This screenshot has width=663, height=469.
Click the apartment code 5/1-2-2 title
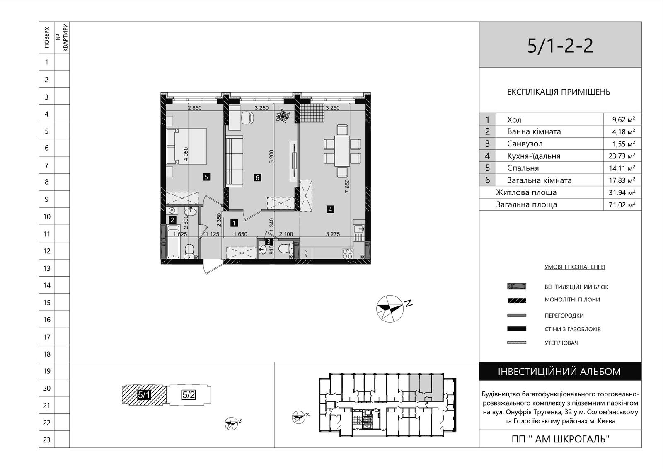pyautogui.click(x=560, y=46)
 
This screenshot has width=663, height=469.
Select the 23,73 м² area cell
pyautogui.click(x=622, y=156)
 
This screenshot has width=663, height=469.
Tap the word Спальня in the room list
pyautogui.click(x=523, y=168)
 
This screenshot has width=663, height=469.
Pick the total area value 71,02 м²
pyautogui.click(x=622, y=205)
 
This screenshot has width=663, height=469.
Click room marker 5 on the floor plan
pyautogui.click(x=206, y=177)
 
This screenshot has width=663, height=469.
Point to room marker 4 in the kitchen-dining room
pyautogui.click(x=330, y=209)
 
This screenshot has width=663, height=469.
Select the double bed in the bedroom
pyautogui.click(x=186, y=146)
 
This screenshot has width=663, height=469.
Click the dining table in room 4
pyautogui.click(x=342, y=151)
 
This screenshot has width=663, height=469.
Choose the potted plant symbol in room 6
pyautogui.click(x=283, y=116)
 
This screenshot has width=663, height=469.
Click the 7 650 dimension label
pyautogui.click(x=348, y=186)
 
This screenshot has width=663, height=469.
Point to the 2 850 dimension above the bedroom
pyautogui.click(x=194, y=108)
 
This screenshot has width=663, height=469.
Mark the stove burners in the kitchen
pyautogui.click(x=348, y=253)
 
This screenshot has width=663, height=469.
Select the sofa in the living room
pyautogui.click(x=235, y=161)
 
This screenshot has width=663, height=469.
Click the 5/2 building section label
pyautogui.click(x=189, y=395)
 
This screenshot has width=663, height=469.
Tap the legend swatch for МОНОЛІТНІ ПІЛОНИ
pyautogui.click(x=517, y=300)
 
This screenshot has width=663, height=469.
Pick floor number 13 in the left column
pyautogui.click(x=47, y=268)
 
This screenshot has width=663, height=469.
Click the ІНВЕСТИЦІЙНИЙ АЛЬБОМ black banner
pyautogui.click(x=560, y=371)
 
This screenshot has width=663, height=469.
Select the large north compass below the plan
pyautogui.click(x=390, y=309)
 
